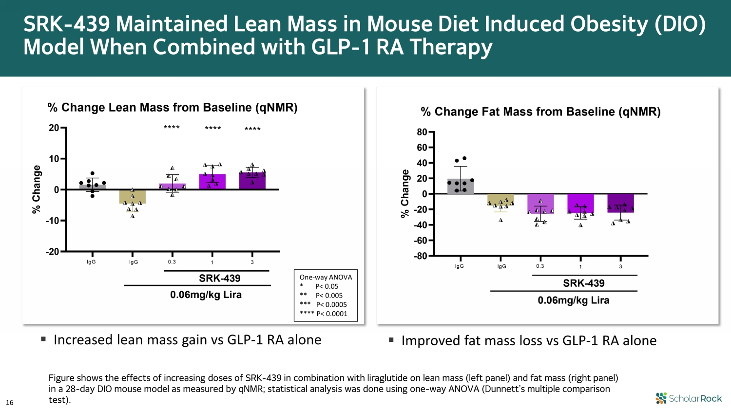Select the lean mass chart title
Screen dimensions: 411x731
pos(172,107)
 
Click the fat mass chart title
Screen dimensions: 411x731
pos(540,112)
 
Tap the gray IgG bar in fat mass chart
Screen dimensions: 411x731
pos(461,187)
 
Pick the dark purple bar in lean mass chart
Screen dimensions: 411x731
pos(252,181)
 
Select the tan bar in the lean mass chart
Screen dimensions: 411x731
pos(132,196)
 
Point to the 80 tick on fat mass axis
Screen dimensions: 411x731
pos(422,132)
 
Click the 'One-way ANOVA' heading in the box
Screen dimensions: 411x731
pos(326,277)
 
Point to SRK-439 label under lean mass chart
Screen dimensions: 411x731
pos(219,278)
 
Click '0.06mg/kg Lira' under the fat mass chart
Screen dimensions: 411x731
pos(573,300)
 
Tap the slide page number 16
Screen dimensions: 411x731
pos(10,402)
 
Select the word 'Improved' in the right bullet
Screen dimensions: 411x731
pos(431,340)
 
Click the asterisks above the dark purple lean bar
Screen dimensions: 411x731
pos(252,129)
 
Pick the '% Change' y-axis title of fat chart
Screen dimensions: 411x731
pos(405,194)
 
